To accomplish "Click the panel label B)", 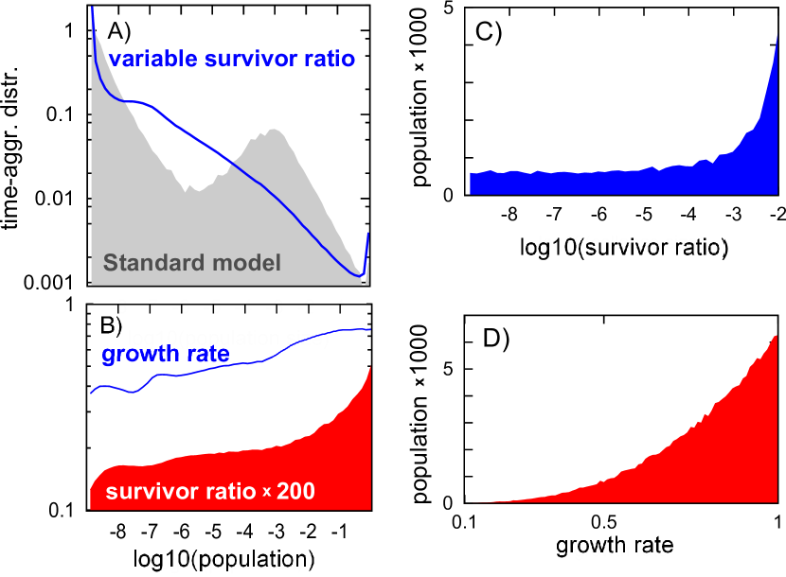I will [112, 326].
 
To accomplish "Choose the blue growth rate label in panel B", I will [165, 356].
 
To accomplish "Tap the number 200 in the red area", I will [295, 492].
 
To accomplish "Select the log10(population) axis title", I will [228, 559].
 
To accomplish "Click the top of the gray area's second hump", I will [275, 130].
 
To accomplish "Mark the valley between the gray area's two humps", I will [196, 190].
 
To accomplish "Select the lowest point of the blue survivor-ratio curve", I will [361, 276].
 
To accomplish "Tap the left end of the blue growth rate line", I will [92, 393].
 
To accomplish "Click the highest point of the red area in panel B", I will [368, 367].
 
